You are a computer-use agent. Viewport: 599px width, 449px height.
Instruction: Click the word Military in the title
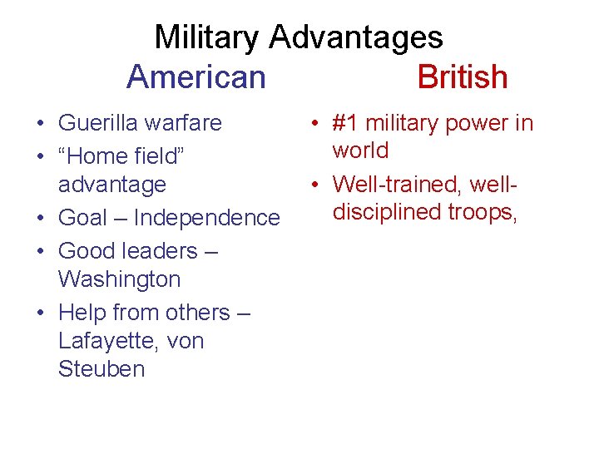(x=208, y=37)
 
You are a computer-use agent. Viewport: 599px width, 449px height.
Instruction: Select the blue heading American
(x=196, y=76)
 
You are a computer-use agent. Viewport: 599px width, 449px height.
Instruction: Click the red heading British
(x=462, y=76)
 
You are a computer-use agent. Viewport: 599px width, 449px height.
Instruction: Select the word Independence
(x=206, y=218)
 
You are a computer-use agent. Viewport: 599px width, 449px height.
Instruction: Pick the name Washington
(x=119, y=279)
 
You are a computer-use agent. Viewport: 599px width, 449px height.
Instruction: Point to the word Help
(x=82, y=313)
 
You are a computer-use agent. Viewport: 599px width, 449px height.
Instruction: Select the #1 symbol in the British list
(x=345, y=123)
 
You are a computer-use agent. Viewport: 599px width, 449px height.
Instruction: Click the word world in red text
(x=360, y=150)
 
